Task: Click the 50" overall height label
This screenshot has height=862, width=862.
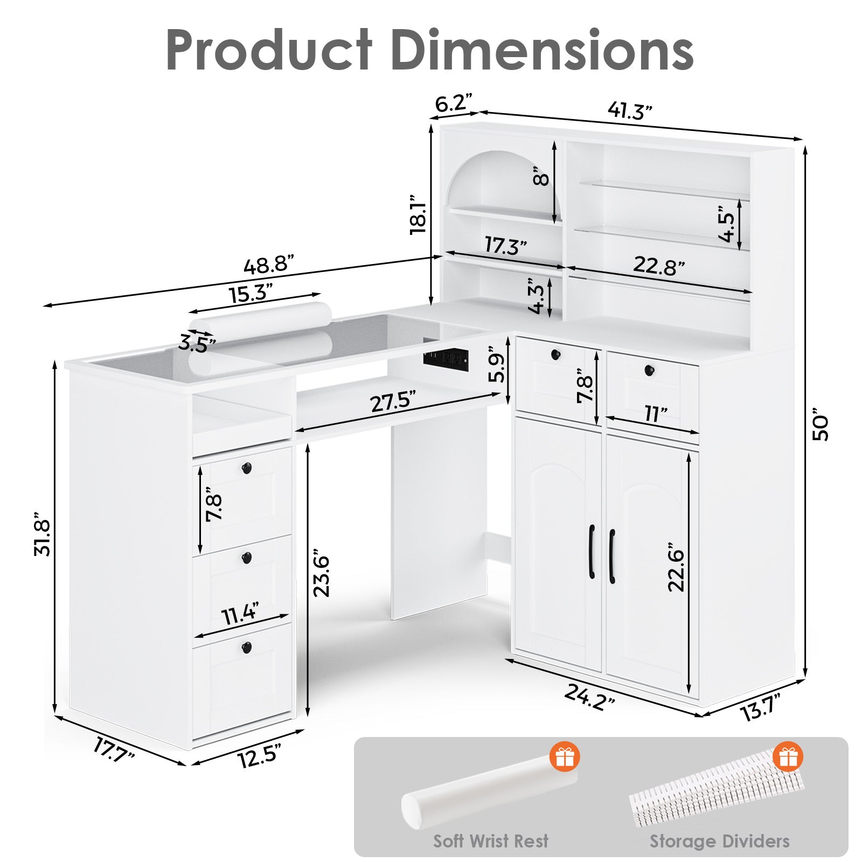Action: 821,428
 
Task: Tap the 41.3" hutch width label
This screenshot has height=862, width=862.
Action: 630,111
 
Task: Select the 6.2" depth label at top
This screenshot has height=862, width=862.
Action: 453,102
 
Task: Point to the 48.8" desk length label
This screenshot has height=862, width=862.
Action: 269,266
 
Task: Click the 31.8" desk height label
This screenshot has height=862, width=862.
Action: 42,533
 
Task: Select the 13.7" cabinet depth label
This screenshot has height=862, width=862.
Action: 760,707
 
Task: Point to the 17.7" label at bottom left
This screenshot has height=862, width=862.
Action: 114,749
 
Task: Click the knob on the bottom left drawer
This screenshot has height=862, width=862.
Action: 247,646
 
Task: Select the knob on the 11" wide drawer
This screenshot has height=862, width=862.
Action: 649,371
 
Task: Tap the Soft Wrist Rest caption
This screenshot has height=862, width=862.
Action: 491,841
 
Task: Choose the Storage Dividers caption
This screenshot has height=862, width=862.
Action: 719,841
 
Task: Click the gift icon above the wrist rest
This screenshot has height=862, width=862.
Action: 565,757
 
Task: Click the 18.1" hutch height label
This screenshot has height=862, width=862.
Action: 419,214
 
